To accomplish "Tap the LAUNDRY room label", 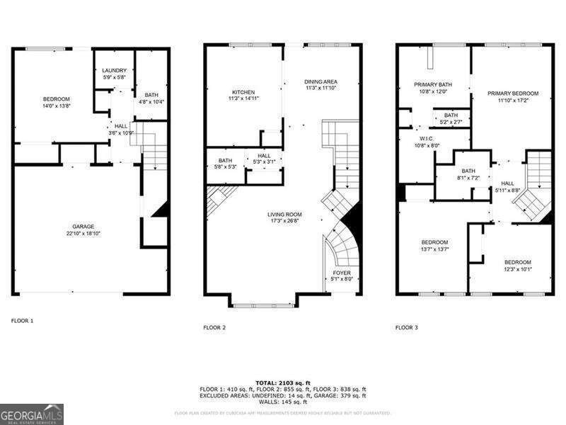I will coord(114,70).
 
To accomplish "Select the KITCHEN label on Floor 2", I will coord(243,93).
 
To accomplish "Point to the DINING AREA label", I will coord(320,81).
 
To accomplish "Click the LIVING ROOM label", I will coord(284,214).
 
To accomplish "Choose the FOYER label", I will coord(342,273).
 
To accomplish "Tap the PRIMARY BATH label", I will coord(433,84).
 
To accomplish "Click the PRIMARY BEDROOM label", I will coord(513,93).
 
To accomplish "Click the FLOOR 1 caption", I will coord(22,321).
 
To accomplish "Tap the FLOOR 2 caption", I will coord(214,327).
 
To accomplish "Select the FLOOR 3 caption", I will coord(407,327).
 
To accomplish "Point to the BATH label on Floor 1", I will coord(151,95).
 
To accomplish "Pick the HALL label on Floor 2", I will coord(264,155).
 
